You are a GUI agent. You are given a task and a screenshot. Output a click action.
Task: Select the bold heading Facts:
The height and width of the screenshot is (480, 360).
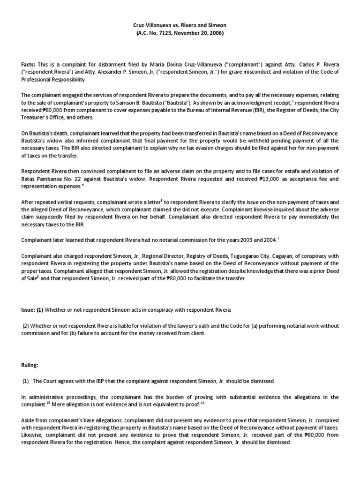coord(29,64)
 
